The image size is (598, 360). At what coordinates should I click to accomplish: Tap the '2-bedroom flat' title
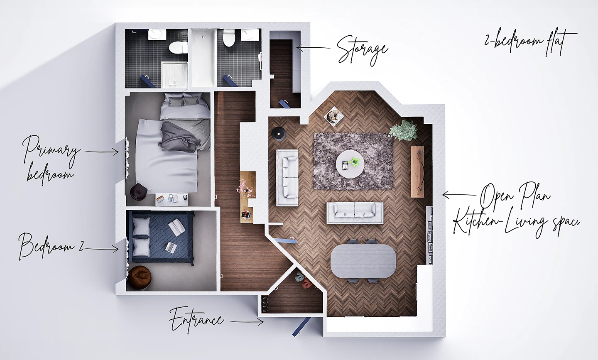point(530,42)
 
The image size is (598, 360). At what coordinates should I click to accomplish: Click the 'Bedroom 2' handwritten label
point(50,246)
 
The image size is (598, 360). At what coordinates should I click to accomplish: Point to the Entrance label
point(196,320)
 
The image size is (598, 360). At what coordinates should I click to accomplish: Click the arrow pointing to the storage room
point(312,48)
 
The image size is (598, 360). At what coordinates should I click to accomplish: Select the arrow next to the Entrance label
point(247,321)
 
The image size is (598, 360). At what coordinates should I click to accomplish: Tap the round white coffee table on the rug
point(350,163)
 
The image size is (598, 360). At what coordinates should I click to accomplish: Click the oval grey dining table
point(364,260)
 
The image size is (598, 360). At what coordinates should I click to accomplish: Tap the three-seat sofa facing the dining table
point(355,213)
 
